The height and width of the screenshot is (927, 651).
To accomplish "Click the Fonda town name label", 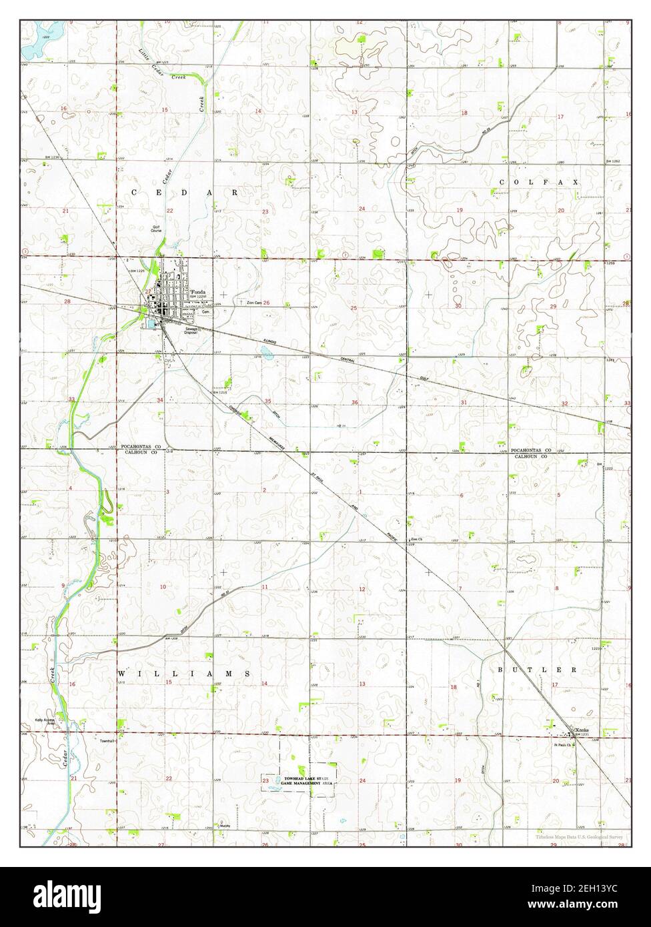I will click(x=199, y=293).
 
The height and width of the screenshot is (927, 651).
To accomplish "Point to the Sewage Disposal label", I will click(x=192, y=329).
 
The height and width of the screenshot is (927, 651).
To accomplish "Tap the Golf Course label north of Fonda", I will click(x=156, y=228).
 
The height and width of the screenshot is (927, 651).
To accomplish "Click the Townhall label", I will click(x=108, y=741).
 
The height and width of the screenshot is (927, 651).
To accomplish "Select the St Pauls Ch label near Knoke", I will click(x=562, y=745).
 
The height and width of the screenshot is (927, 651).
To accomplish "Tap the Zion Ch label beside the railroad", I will click(x=418, y=539).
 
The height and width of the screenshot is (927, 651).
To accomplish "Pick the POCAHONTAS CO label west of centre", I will click(x=141, y=445).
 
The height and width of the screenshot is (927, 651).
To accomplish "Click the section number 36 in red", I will click(x=354, y=402).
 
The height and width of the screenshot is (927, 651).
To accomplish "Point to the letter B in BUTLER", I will click(x=500, y=669).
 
